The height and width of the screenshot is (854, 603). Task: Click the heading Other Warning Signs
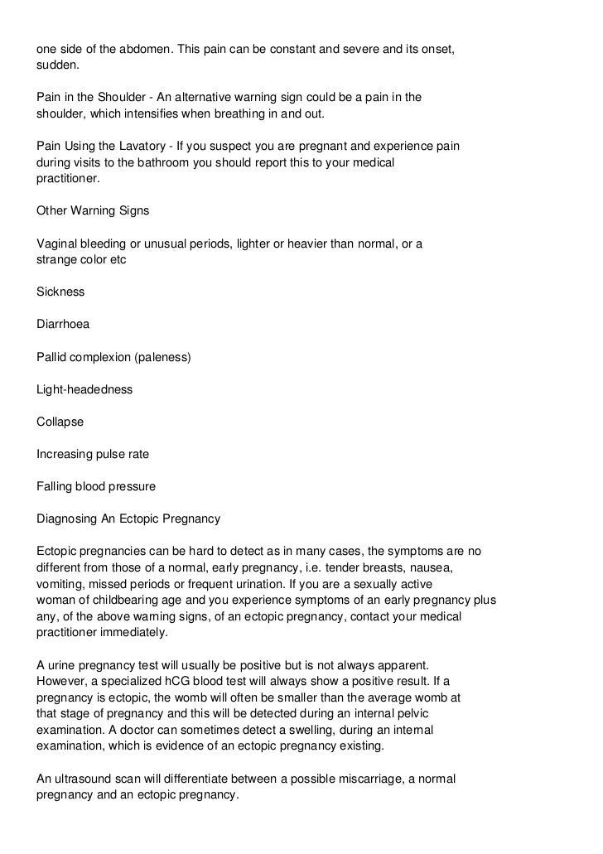[x=93, y=210]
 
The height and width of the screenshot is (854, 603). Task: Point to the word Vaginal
[x=56, y=244]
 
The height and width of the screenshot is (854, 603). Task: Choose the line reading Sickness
[x=60, y=292]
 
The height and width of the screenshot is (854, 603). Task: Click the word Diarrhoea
[x=63, y=324]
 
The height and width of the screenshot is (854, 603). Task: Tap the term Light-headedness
[x=84, y=389]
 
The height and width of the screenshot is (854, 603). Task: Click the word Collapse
[x=60, y=422]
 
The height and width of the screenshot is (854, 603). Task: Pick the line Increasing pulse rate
[x=93, y=454]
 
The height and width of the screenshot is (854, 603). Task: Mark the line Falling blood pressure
[x=96, y=486]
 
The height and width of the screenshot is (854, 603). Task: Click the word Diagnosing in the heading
[x=68, y=519]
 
